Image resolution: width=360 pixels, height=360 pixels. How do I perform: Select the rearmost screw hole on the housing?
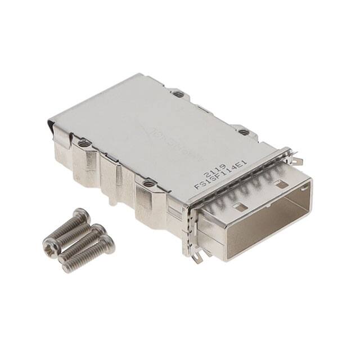click(178, 94)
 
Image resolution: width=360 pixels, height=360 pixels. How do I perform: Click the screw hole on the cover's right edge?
click(244, 132)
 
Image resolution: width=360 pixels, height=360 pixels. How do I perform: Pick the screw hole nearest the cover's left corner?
click(84, 143)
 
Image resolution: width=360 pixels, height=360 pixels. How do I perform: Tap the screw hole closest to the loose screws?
click(149, 183)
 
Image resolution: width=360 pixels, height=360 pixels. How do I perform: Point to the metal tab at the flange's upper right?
click(297, 160)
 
